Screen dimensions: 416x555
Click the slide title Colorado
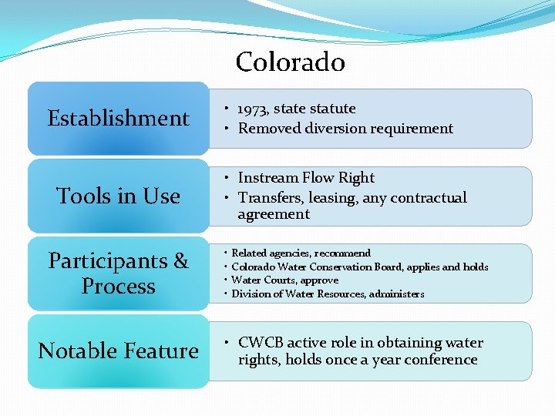click(290, 62)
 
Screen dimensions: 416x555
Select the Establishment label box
click(118, 119)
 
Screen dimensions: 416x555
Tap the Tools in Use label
click(118, 196)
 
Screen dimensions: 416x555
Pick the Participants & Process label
click(118, 273)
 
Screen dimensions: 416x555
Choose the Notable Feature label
click(118, 351)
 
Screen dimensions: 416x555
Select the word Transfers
click(270, 198)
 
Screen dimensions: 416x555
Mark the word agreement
click(274, 214)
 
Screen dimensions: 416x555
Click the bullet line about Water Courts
click(285, 280)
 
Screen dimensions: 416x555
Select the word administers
click(395, 294)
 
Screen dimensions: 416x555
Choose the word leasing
click(331, 198)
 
